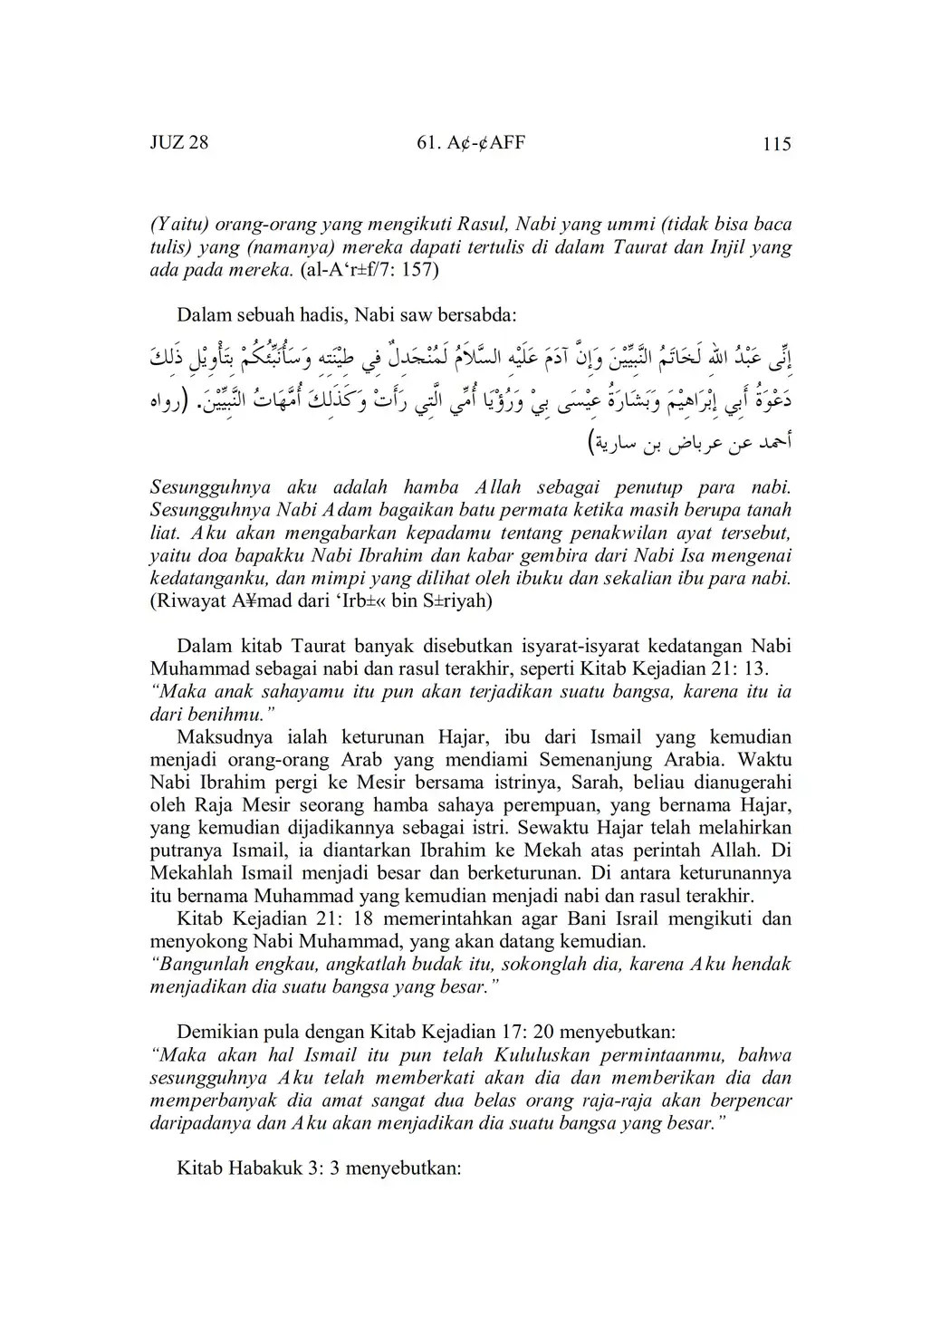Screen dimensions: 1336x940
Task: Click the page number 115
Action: [x=777, y=143]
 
